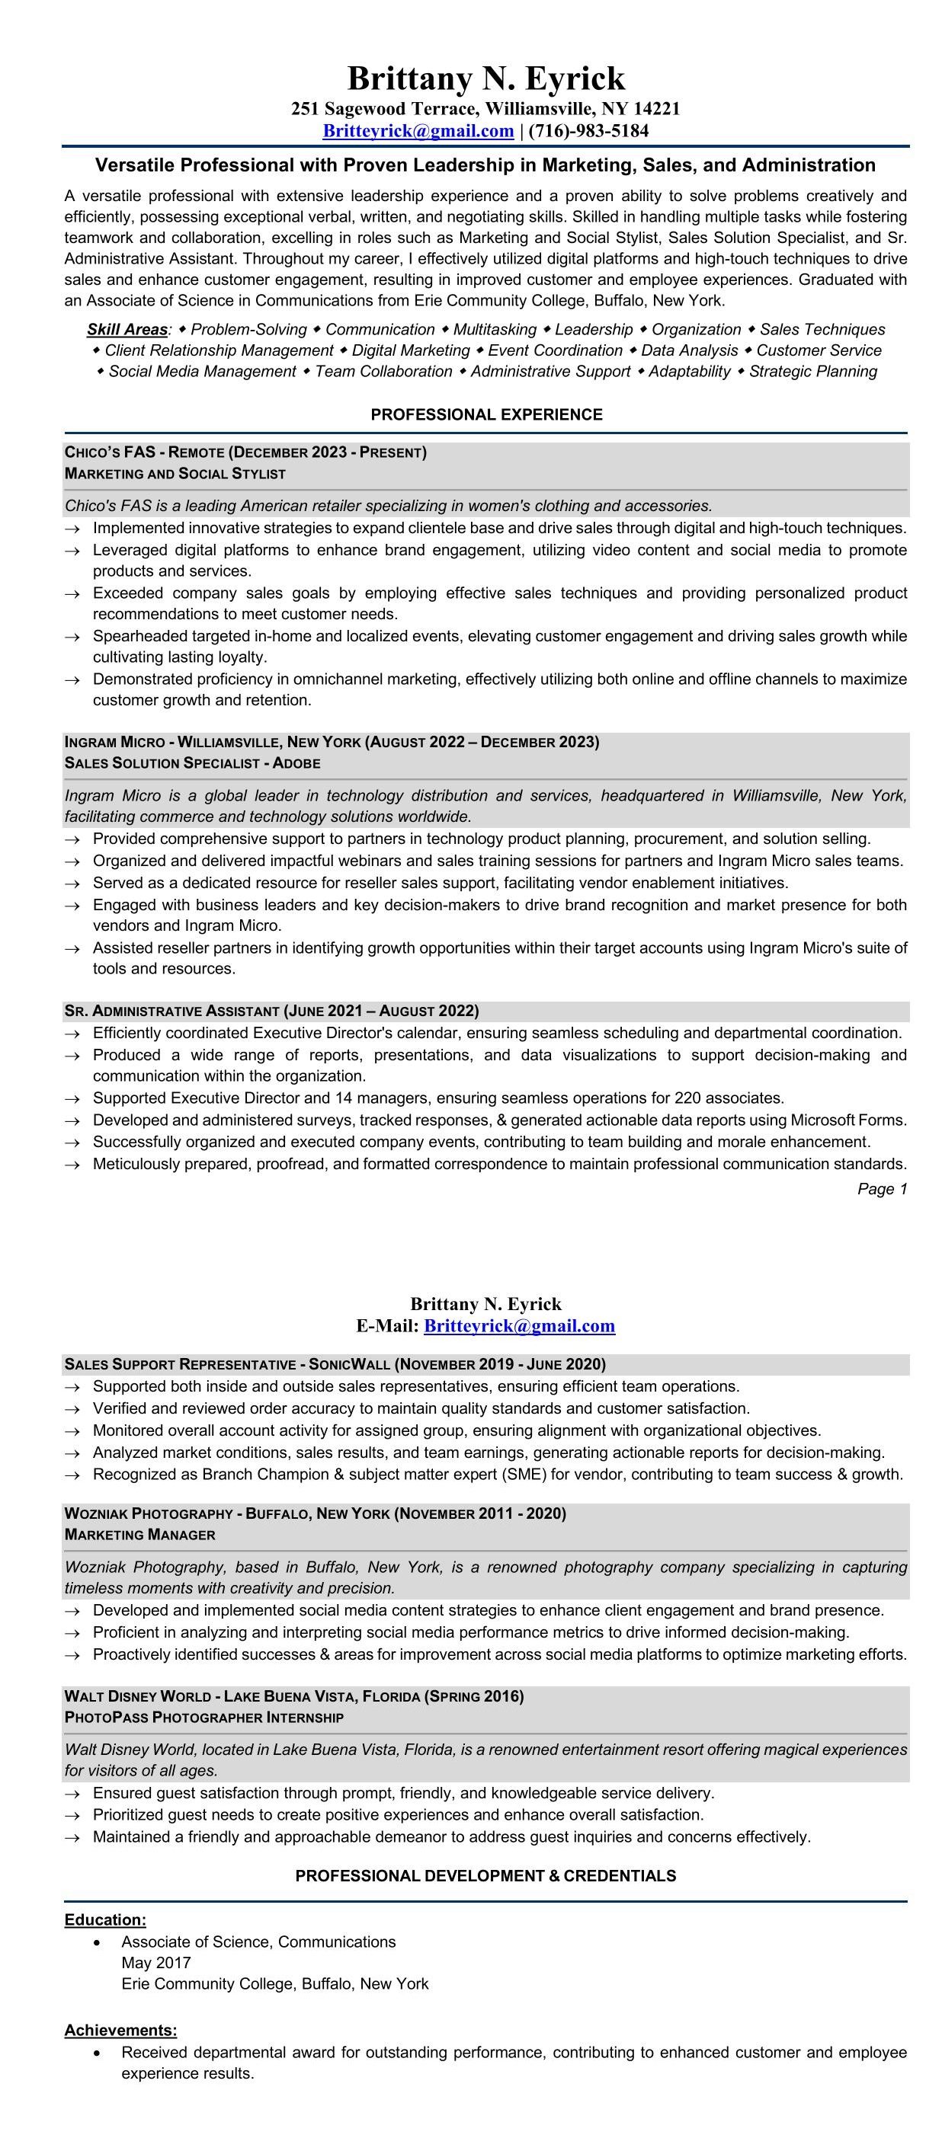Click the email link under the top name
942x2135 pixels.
pos(418,131)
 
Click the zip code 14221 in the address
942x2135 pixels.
pos(657,109)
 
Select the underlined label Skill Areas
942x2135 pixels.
pos(127,330)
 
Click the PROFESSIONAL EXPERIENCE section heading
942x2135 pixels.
pos(486,414)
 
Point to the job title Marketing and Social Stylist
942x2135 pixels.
pos(175,474)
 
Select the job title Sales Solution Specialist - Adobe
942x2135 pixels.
pos(192,763)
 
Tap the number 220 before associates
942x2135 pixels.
pos(687,1098)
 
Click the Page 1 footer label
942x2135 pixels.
pos(883,1189)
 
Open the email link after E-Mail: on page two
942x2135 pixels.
pos(519,1326)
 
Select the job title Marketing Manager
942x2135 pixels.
pos(139,1535)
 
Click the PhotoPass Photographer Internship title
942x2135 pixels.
pos(204,1718)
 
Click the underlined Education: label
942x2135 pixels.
pos(105,1920)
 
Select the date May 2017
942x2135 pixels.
pos(156,1963)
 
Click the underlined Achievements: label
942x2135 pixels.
pos(120,2031)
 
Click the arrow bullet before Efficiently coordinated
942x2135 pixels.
pos(73,1034)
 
